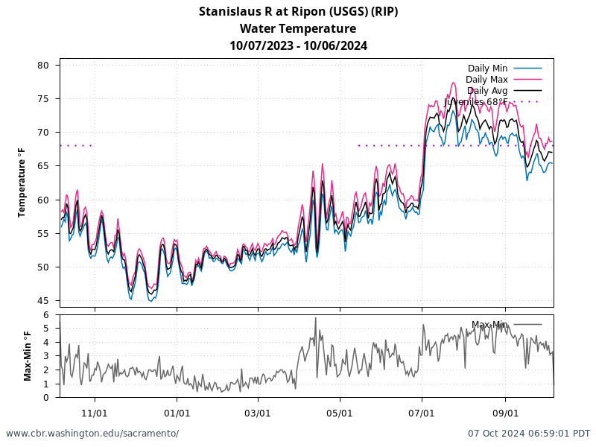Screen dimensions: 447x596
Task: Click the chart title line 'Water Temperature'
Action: pos(298,28)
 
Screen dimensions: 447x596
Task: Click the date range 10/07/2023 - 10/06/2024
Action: pos(298,45)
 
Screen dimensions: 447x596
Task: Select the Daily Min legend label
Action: pos(488,69)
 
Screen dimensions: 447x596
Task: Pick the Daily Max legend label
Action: pos(486,80)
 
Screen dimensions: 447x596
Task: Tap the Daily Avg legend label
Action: pos(487,91)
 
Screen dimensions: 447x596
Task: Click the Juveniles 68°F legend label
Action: pos(476,102)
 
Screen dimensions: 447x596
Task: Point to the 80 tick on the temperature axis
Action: pos(43,66)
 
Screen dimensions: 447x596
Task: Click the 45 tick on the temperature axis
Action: pos(43,301)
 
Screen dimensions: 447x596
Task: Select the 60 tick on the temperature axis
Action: pos(43,200)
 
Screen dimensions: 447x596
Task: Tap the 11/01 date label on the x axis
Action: pos(95,412)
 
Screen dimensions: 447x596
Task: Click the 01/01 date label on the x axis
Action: pos(177,412)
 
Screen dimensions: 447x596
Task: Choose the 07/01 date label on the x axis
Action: pos(422,412)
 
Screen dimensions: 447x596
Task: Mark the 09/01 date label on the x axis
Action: pos(505,412)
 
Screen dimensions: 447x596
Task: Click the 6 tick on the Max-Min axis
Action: pos(46,315)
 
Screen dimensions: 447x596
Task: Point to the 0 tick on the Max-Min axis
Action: pos(46,397)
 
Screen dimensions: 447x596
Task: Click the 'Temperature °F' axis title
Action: pos(22,183)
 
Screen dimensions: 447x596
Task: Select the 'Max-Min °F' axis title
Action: pos(28,356)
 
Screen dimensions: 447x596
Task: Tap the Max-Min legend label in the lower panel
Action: pos(489,325)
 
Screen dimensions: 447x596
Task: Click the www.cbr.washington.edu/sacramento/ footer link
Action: pos(92,433)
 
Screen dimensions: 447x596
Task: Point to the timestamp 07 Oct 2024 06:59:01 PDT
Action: pos(529,433)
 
